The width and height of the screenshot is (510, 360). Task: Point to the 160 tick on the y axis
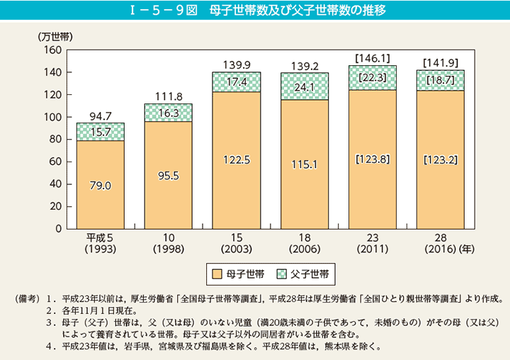coord(54,50)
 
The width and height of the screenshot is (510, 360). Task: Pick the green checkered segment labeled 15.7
coord(101,132)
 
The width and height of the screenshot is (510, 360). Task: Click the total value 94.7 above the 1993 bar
coord(101,115)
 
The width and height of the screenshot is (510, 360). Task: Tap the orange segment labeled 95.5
coord(168,175)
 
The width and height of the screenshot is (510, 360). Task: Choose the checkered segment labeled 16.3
coord(168,113)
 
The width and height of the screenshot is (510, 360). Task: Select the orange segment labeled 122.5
coord(237,160)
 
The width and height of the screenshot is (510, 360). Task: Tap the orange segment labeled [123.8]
coord(373,159)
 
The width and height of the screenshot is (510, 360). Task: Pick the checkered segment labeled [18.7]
coord(441,80)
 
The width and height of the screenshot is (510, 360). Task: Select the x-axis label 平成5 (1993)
coord(101,243)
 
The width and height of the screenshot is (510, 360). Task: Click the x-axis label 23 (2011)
coord(373,243)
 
